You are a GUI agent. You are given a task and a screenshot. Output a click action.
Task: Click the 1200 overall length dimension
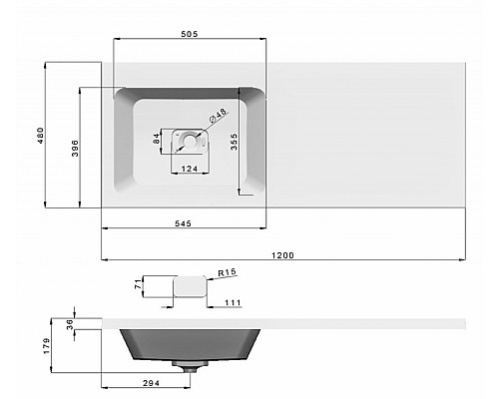282,256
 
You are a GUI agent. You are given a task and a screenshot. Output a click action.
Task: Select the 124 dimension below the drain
188,168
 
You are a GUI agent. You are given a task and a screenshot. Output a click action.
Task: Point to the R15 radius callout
225,271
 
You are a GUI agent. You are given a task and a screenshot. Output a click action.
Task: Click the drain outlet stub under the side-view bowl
188,368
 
